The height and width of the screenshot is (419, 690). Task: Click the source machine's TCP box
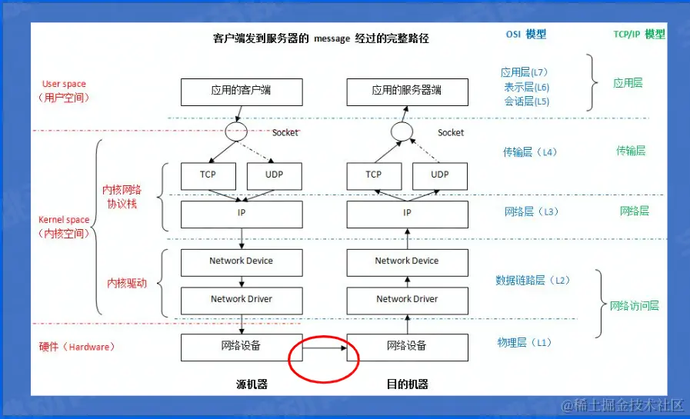(208, 175)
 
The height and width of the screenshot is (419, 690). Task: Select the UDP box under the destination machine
(440, 175)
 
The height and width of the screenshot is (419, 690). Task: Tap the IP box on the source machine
(242, 213)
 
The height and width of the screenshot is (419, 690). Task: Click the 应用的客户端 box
(242, 91)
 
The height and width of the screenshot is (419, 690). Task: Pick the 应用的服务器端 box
(407, 91)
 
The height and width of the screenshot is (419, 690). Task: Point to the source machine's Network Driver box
(242, 299)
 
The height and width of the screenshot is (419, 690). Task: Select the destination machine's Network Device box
(407, 261)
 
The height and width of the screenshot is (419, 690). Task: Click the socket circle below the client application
(235, 132)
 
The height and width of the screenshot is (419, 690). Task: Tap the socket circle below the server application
(402, 132)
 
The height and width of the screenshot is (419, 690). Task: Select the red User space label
(64, 84)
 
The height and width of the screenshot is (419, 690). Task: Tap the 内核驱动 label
(126, 284)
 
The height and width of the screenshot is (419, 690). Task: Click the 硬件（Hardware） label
(77, 347)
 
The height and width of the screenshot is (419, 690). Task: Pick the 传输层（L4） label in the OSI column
(530, 152)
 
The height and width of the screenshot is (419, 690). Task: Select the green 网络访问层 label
(634, 306)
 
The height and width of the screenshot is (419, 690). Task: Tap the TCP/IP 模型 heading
(639, 35)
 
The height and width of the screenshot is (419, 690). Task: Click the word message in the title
(332, 39)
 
